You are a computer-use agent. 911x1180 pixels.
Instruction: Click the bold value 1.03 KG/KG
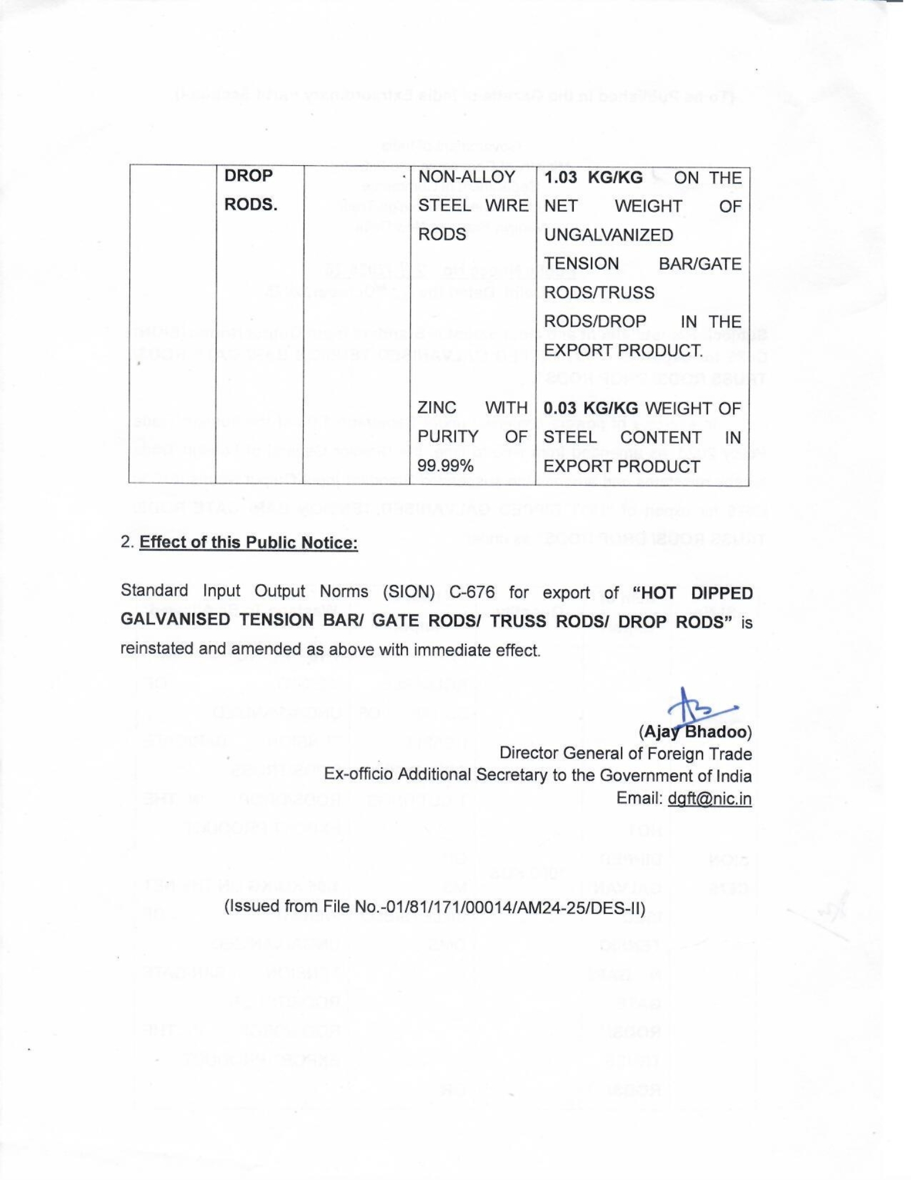pos(593,178)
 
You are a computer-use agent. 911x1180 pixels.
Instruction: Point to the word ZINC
pos(437,408)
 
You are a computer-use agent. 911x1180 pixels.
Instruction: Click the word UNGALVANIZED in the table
pos(608,235)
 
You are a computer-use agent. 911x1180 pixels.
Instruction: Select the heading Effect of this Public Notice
pos(248,542)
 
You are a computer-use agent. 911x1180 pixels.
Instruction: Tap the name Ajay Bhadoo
pos(696,732)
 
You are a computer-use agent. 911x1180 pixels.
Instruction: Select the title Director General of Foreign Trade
pos(625,753)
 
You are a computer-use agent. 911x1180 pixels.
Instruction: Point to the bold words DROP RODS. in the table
pos(250,190)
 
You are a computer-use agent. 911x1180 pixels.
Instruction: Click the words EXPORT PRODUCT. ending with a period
pos(623,350)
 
